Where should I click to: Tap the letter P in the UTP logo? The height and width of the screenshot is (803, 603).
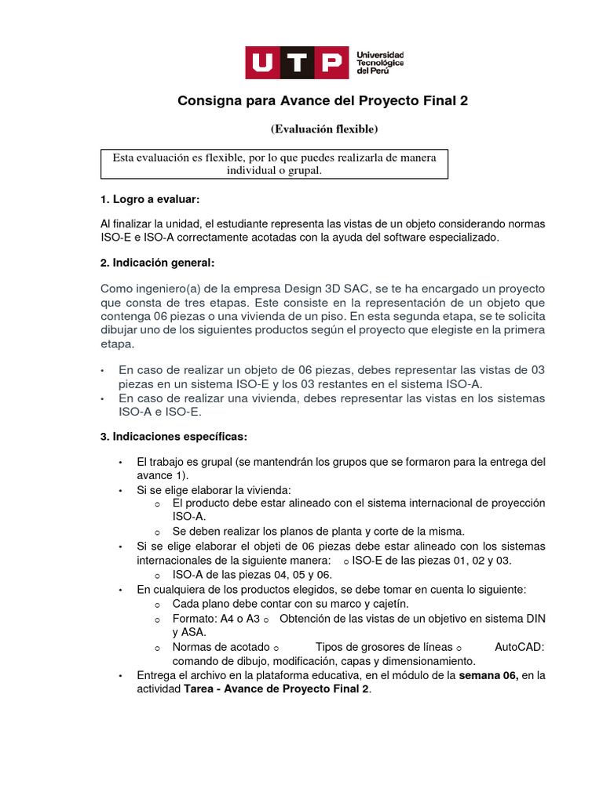click(x=330, y=63)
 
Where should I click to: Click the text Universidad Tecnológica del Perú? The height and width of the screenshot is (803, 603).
click(x=380, y=62)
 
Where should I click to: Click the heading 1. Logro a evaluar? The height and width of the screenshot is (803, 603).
click(x=151, y=201)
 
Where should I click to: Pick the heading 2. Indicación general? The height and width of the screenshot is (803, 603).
click(x=157, y=261)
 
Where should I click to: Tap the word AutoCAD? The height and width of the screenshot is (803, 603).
click(x=520, y=647)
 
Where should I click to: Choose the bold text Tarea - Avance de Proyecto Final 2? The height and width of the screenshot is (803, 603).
click(x=276, y=689)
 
